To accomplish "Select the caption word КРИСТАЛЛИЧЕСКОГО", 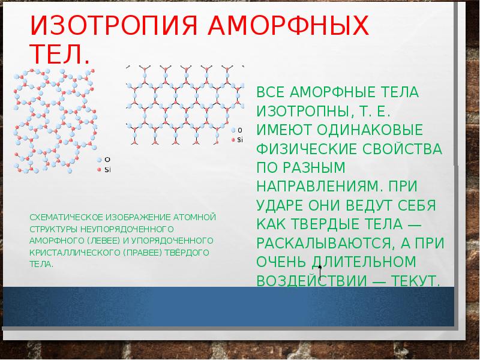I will click(x=65, y=253).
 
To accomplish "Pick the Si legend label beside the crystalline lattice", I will click(x=240, y=139).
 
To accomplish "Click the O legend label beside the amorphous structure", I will click(x=107, y=160).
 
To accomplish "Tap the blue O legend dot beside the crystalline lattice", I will click(x=233, y=130).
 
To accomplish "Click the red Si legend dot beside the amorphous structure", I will click(x=100, y=170).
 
